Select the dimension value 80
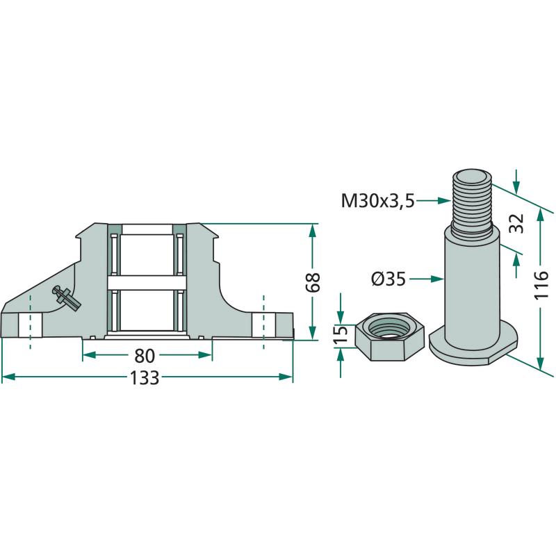[145, 356]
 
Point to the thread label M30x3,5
[377, 202]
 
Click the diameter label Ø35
[389, 279]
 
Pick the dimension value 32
[515, 224]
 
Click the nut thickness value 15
[341, 335]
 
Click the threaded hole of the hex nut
[381, 325]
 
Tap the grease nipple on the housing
[67, 297]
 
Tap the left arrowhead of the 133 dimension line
[7, 377]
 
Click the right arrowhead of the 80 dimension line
[206, 355]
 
